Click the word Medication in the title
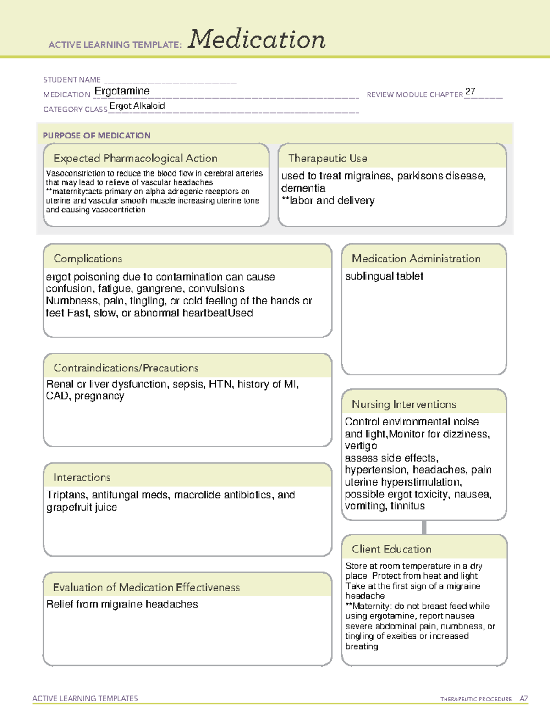[257, 39]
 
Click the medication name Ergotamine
[122, 91]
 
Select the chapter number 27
[470, 91]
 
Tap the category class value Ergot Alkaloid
[137, 106]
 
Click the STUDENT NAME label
[72, 80]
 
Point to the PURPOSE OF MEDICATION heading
[97, 136]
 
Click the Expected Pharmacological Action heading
[135, 159]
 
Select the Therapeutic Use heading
[328, 159]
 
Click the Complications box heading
[88, 259]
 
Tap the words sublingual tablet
[384, 276]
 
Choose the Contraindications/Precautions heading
[126, 368]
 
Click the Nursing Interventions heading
[404, 404]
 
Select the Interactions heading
[82, 478]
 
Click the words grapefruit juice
[82, 507]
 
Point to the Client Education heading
[391, 549]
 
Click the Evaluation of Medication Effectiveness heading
[146, 587]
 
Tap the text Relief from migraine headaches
[122, 604]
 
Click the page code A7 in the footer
[523, 699]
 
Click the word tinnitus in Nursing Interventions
[407, 506]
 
